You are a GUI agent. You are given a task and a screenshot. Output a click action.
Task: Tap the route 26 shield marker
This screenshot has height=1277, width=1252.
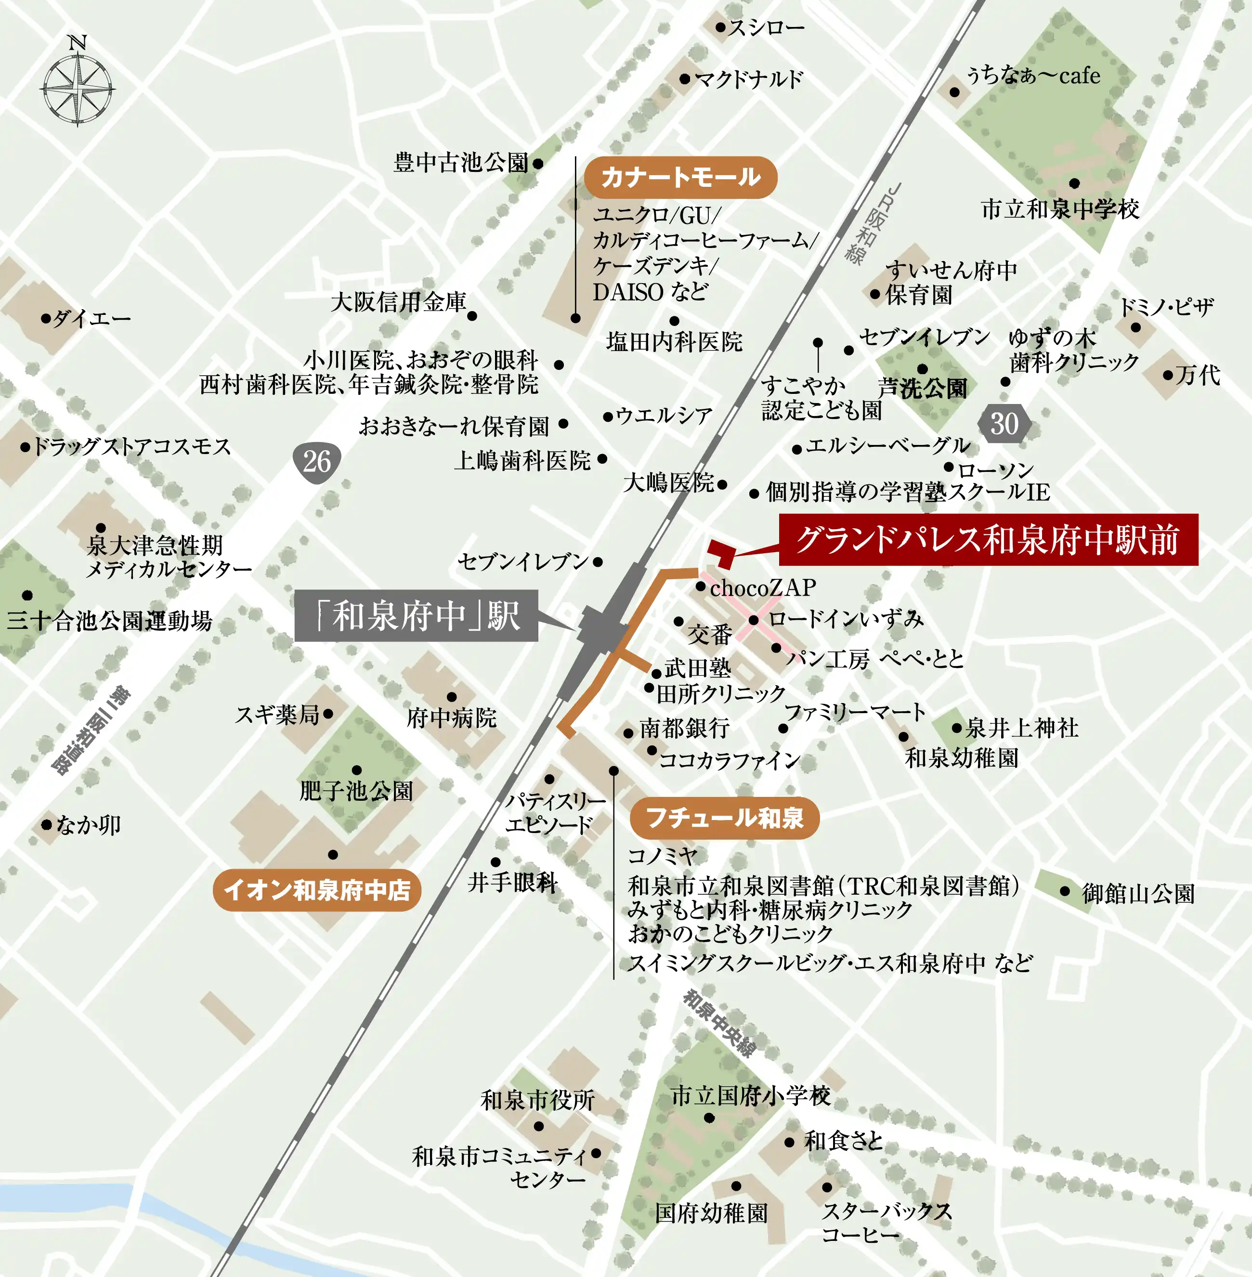[x=317, y=462]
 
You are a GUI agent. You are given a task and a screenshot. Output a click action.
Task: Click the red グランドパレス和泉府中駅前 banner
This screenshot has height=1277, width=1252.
[x=988, y=540]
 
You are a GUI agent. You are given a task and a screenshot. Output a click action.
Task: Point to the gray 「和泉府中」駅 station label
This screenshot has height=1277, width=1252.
[x=416, y=615]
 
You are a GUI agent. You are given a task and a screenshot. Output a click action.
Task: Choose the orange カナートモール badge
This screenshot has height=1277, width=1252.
[x=680, y=177]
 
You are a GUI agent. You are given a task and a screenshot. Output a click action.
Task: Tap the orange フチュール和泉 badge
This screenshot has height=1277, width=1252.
[x=725, y=818]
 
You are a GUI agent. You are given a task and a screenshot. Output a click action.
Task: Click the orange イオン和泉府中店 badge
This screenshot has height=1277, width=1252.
[x=317, y=890]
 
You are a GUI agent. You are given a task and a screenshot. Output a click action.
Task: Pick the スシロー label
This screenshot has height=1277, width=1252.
[x=766, y=27]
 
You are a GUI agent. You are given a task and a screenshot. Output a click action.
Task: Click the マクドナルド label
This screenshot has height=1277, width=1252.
[x=749, y=79]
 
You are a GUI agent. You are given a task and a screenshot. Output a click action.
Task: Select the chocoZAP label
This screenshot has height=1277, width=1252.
[x=763, y=587]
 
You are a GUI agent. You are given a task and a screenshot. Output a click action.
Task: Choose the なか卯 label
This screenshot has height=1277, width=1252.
[x=88, y=824]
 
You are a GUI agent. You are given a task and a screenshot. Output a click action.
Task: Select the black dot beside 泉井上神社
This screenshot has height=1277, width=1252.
[x=957, y=728]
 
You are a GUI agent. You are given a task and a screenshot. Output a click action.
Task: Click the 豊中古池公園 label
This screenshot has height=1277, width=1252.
[x=461, y=162]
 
